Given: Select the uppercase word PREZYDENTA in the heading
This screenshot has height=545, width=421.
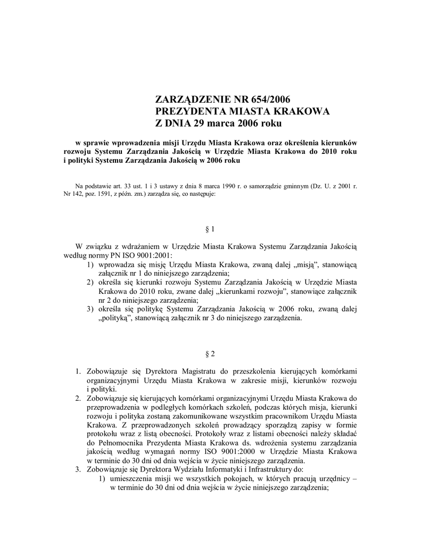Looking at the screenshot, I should tap(185, 111).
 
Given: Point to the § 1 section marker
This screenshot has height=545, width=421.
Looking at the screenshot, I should tap(210, 229).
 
